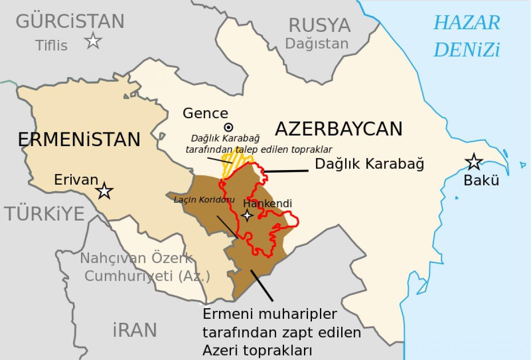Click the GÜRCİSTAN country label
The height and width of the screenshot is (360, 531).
(x=70, y=21)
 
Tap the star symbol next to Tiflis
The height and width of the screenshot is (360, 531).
(x=93, y=41)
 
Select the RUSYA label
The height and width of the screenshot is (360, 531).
(x=319, y=25)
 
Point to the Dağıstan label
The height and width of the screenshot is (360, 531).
(x=316, y=43)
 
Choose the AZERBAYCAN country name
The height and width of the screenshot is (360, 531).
(x=339, y=129)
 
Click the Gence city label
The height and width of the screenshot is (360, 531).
(x=205, y=113)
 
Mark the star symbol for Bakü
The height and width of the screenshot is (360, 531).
(x=474, y=162)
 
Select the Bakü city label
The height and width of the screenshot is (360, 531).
(x=481, y=181)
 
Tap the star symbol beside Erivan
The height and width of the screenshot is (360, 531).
(x=105, y=191)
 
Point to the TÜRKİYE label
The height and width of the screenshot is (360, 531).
(x=45, y=214)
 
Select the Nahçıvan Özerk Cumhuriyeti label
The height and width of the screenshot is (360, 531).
(x=142, y=267)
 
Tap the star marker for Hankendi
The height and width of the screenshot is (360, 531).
(x=247, y=216)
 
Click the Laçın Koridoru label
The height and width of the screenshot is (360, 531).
(x=204, y=200)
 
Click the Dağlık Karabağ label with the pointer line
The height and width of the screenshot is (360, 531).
(x=369, y=164)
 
